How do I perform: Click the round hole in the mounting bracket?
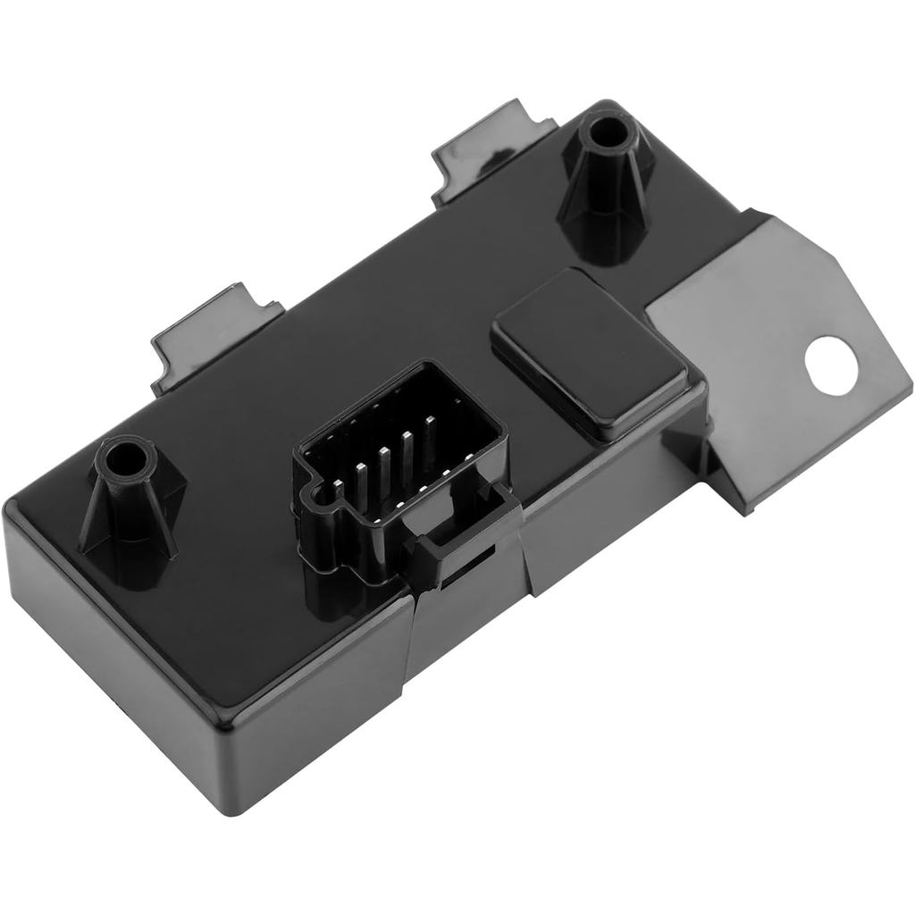coord(830,360)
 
